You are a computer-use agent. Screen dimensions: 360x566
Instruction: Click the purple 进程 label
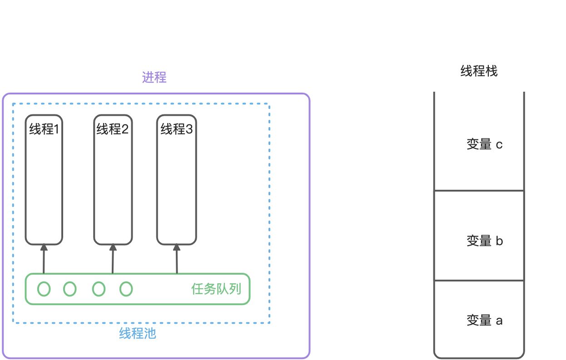(x=154, y=78)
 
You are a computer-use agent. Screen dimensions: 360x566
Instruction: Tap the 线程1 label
(x=44, y=130)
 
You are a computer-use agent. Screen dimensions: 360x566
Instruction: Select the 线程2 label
(x=113, y=130)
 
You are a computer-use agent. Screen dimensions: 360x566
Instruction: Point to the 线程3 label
(x=176, y=130)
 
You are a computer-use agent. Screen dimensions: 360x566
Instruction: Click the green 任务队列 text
(x=216, y=289)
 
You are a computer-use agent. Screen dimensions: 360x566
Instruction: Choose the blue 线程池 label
(x=138, y=334)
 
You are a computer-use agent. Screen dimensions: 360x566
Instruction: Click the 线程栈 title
(x=479, y=71)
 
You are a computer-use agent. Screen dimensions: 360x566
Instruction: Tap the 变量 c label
(x=484, y=145)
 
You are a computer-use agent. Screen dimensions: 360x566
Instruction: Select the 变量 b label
(x=484, y=241)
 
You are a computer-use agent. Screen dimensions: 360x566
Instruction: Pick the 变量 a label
(x=484, y=321)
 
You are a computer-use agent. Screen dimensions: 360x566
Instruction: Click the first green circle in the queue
(x=44, y=289)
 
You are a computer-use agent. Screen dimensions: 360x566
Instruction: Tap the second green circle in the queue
(x=70, y=289)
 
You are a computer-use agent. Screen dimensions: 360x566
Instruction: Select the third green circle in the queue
(x=99, y=289)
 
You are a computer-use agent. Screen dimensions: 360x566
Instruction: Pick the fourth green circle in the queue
(x=126, y=289)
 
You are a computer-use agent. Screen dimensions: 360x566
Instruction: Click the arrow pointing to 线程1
(x=44, y=259)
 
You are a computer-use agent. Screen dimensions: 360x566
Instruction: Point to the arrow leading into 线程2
(x=113, y=259)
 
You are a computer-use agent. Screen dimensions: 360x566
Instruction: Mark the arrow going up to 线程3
(x=177, y=259)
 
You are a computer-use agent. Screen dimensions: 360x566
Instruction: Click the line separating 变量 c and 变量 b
(x=479, y=191)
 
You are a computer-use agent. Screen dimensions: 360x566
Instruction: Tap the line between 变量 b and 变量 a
(x=479, y=280)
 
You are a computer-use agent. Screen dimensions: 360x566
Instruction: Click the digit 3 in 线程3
(x=189, y=130)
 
